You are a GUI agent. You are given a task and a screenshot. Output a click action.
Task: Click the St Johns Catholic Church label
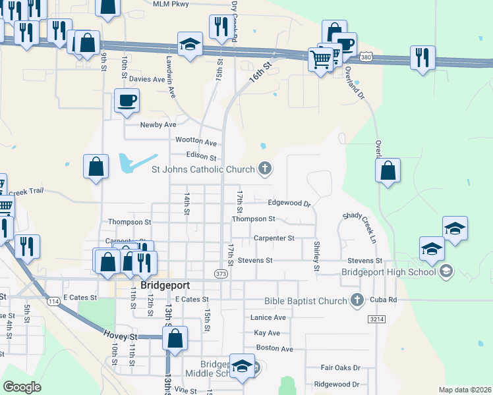point(203,169)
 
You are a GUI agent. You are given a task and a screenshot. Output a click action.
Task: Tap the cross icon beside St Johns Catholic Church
point(264,169)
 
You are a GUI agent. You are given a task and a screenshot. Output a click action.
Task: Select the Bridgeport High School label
point(388,271)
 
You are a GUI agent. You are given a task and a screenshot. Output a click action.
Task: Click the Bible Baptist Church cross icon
point(357,301)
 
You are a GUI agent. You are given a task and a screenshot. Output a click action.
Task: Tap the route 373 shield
point(221,273)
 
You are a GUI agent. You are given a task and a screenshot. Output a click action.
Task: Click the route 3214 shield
point(376,319)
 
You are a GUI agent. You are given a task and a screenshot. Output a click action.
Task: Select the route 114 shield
point(53,301)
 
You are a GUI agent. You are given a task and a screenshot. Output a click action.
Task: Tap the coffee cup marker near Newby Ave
point(127,101)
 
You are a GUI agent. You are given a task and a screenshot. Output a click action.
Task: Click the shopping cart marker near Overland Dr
point(320,61)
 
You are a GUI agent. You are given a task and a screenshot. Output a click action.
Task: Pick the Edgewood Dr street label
point(289,203)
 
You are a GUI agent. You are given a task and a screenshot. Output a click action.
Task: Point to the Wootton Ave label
point(196,141)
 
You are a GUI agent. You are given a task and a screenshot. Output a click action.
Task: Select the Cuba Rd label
point(384,300)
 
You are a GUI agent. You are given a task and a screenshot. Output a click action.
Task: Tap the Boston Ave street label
point(274,348)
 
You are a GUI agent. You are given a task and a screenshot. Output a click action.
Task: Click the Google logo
point(22,387)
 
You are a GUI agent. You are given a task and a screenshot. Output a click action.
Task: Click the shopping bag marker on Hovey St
point(175,340)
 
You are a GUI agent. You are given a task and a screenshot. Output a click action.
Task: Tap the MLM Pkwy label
point(170,4)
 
